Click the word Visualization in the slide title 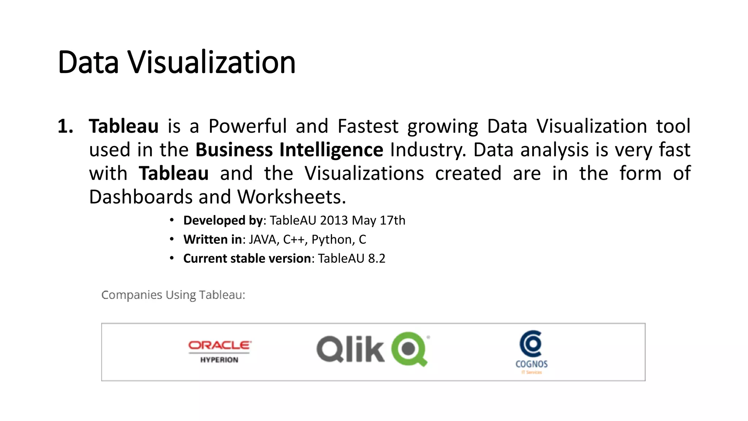(x=211, y=62)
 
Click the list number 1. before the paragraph (x=65, y=126)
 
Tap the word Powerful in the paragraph (x=247, y=126)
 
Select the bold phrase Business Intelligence (x=289, y=150)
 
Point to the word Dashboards (x=141, y=197)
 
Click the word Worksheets (x=291, y=197)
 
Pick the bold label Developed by (x=223, y=220)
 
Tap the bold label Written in (x=213, y=239)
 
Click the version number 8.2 (x=377, y=258)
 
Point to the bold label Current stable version (x=247, y=258)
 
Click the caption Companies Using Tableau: (x=173, y=295)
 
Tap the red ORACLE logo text (x=220, y=345)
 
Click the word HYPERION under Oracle (x=219, y=360)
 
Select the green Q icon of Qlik (x=409, y=349)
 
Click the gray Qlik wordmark (x=350, y=349)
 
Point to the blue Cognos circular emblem (x=531, y=343)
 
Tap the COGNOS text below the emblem (x=531, y=364)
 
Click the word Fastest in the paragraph (x=368, y=126)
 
